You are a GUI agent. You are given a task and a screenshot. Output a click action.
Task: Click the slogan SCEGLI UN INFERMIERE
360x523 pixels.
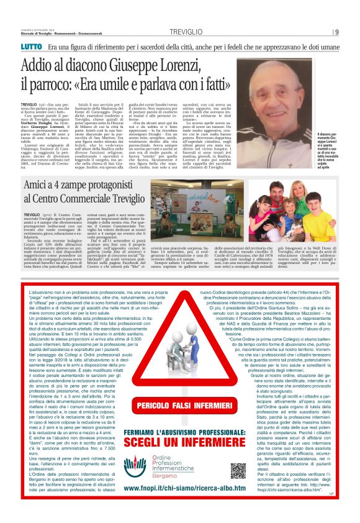(180, 443)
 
